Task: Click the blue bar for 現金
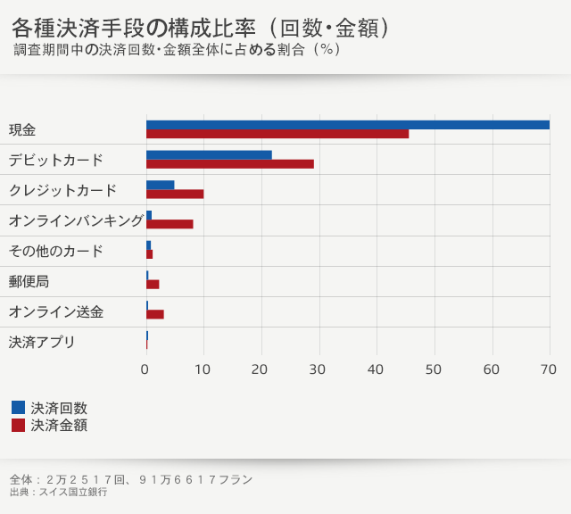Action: pos(347,125)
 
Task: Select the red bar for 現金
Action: pos(277,134)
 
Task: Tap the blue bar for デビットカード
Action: pos(209,154)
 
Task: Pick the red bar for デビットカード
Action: pos(230,164)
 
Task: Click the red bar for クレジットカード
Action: pos(175,194)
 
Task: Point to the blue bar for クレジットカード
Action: pos(161,185)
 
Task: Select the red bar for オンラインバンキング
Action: pos(170,224)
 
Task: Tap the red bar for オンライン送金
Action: pos(155,314)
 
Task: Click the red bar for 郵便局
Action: pos(153,285)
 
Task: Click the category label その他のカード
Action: pos(55,251)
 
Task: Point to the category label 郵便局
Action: pos(29,281)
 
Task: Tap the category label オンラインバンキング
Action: pos(76,220)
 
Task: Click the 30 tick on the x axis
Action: pos(319,369)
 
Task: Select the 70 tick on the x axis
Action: pos(549,369)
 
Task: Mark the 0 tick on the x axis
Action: pos(146,369)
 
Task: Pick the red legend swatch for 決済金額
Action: pos(19,426)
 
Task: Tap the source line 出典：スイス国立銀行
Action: pos(58,493)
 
